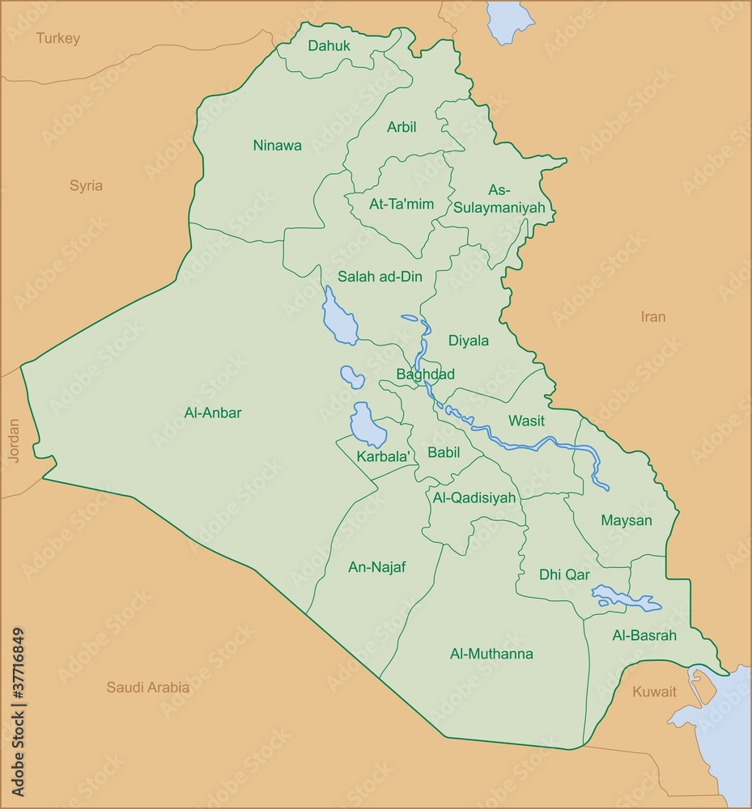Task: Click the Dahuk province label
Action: (329, 46)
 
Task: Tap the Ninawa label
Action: (277, 146)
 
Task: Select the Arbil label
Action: (401, 127)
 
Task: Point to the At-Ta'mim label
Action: (401, 205)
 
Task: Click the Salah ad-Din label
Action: (380, 277)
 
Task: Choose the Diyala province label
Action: (469, 341)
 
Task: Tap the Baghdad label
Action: (425, 375)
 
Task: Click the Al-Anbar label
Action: (213, 413)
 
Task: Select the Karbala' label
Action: (382, 457)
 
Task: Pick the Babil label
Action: (444, 452)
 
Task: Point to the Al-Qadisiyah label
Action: (474, 498)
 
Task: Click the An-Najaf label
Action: (376, 567)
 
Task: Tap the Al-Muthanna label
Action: (491, 654)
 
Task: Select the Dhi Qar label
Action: (564, 574)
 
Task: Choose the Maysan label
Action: (626, 520)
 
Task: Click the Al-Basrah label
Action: (644, 636)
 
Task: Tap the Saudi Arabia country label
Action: (148, 688)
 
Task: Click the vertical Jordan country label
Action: (13, 440)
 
